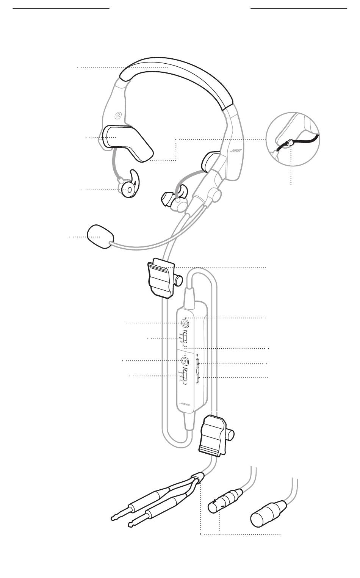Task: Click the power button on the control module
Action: click(185, 323)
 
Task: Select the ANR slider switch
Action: click(185, 338)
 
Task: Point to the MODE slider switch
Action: click(185, 376)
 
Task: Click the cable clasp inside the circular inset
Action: click(290, 143)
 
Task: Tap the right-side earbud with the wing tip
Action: click(129, 186)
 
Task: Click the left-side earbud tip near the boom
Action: click(167, 198)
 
